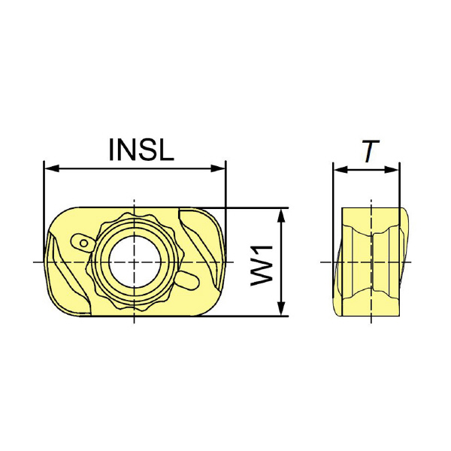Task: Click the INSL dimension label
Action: [x=141, y=150]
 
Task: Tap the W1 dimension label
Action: [x=262, y=265]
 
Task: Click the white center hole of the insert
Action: [x=135, y=262]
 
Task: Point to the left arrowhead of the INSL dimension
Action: [x=52, y=169]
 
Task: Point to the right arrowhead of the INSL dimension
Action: [x=218, y=169]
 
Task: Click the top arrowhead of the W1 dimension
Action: [x=282, y=216]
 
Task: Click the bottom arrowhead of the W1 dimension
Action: [x=282, y=308]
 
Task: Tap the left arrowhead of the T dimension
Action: [x=341, y=170]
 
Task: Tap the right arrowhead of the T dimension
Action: [x=392, y=170]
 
